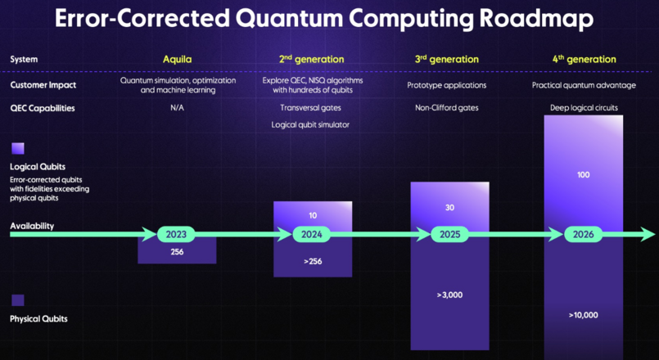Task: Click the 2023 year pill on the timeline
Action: [176, 235]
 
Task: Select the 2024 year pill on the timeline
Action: [312, 235]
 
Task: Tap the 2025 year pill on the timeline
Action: [449, 235]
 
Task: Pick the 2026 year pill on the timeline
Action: [584, 235]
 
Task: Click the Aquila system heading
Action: [177, 59]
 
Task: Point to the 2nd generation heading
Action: [311, 59]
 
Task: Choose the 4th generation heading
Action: [584, 59]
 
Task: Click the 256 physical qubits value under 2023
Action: [176, 253]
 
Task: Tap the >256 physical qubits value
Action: [312, 262]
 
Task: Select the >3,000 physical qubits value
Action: [449, 294]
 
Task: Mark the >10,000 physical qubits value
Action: [583, 315]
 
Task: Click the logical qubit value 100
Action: [583, 175]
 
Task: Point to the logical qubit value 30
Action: [449, 208]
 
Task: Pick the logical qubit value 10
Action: [312, 216]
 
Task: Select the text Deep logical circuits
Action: [584, 107]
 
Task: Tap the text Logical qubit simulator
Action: [311, 124]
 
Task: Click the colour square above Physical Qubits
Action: [17, 300]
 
